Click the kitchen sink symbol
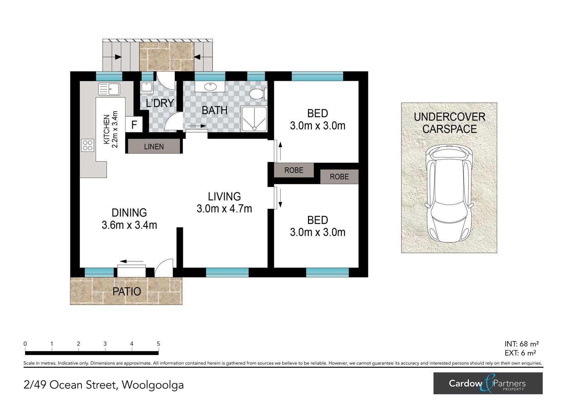coord(109,89)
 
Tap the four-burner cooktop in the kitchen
coord(88,145)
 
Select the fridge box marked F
coord(134,124)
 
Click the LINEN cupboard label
coord(154,147)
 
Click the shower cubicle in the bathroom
coord(254,119)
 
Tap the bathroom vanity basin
coord(210,87)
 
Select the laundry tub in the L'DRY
coord(147,87)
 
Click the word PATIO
coord(127,291)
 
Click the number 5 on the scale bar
coord(158,344)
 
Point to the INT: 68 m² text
coord(521,344)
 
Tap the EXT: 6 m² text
coord(520,353)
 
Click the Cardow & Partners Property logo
coord(488,383)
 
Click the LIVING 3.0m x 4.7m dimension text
coord(224,209)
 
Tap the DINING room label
coord(129,213)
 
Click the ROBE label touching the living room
coord(294,170)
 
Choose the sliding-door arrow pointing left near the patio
coord(131,261)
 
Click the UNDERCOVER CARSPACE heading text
coord(450,123)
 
